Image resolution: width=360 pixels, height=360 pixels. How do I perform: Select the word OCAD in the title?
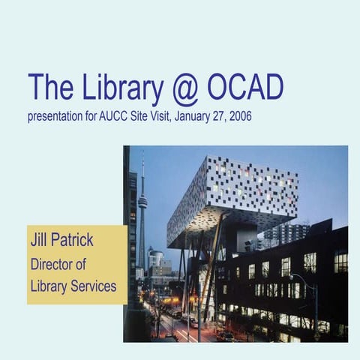coord(252,88)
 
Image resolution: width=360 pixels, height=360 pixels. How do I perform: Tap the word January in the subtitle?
coord(190,117)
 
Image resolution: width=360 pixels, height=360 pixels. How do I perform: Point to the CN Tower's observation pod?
coord(142,200)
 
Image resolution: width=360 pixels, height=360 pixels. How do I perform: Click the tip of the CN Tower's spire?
coord(142,151)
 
